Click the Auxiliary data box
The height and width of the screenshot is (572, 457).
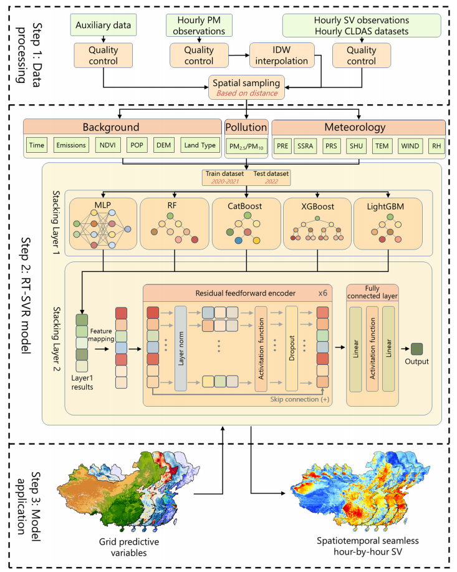click(104, 26)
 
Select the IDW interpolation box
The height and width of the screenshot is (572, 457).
click(281, 55)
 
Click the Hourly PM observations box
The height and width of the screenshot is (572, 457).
click(198, 26)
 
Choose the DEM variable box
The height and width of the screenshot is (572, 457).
click(163, 145)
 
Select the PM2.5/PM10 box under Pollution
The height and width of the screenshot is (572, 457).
click(247, 147)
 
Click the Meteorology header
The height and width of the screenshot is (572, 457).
click(356, 127)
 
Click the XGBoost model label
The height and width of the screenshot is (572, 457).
click(318, 206)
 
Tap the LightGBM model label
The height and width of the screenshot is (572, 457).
click(389, 206)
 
